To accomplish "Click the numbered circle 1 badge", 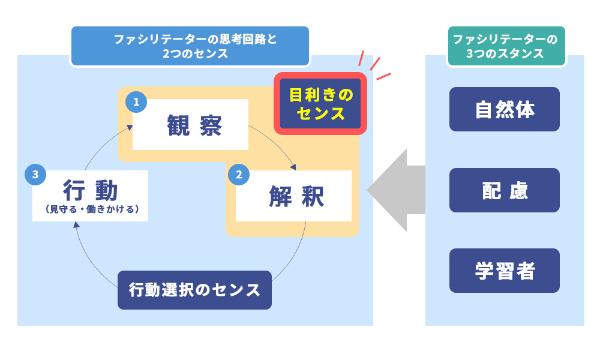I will [136, 102].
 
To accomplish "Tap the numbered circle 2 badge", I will [239, 175].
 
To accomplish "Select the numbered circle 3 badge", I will [35, 175].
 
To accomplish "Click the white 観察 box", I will [190, 125].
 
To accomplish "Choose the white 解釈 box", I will [293, 196].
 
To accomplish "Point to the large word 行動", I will [91, 191].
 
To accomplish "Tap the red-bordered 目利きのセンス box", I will [320, 104].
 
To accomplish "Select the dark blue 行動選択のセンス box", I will [194, 290].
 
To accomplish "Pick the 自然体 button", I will [504, 109].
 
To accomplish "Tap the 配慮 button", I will [504, 190].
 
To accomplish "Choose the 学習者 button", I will [504, 271].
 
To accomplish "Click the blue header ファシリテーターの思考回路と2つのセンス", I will [190, 46].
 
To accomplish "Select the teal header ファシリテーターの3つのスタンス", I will [506, 46].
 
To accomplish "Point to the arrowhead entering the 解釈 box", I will [293, 167].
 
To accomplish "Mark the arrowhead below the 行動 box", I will [76, 224].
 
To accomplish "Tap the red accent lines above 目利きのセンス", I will [374, 65].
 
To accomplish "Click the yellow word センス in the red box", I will [320, 113].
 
